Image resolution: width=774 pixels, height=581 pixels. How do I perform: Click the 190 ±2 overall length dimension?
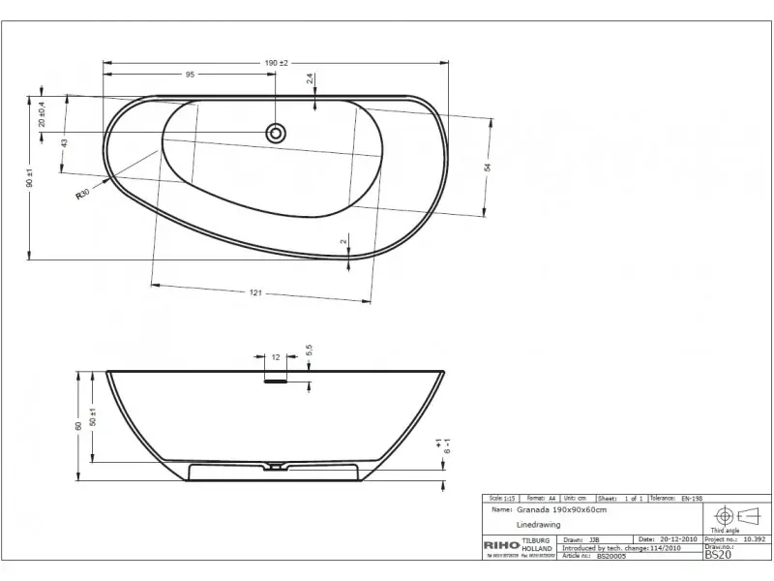click(276, 63)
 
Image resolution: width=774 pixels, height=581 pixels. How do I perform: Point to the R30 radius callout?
click(83, 194)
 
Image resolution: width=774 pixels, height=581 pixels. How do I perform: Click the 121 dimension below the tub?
click(256, 292)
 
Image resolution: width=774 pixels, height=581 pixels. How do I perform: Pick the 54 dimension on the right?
click(489, 167)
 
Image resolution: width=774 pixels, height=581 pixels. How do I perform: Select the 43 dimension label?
click(64, 142)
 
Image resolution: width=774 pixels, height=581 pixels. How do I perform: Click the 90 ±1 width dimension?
click(30, 177)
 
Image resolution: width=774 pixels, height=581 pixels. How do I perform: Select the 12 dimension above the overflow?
click(276, 357)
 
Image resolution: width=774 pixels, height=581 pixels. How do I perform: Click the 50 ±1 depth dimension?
click(93, 416)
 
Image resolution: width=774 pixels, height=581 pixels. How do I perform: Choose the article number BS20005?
click(612, 555)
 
